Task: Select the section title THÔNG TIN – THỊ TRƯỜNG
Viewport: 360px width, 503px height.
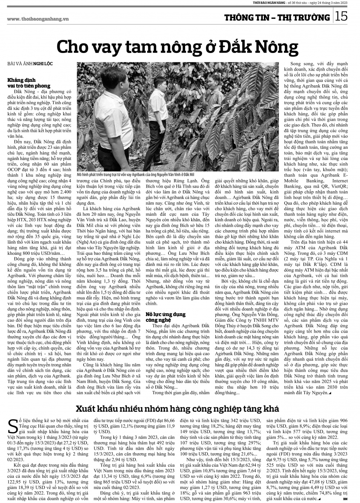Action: [x=277, y=17]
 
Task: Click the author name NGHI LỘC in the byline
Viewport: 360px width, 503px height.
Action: [x=43, y=63]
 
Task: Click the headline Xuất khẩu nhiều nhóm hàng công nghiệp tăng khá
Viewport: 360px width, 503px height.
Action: [x=177, y=409]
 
